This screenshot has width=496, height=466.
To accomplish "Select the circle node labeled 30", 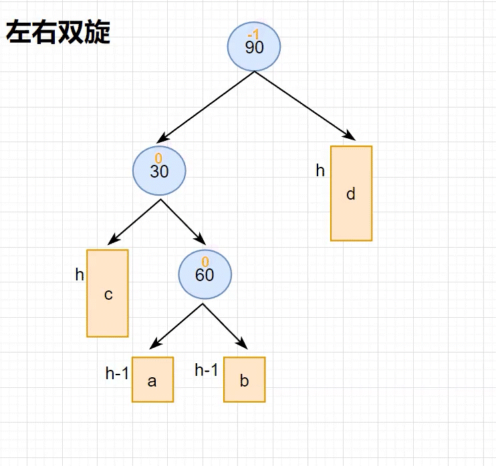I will (159, 171).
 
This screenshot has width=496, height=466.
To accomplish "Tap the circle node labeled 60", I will (205, 274).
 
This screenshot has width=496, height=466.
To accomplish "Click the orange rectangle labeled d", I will (351, 194).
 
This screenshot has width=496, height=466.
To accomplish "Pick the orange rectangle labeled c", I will (108, 293).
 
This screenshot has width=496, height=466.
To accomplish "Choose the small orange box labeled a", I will (152, 380).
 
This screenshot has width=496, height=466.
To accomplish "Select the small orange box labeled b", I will (244, 380).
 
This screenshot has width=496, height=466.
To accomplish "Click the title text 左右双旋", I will (58, 33).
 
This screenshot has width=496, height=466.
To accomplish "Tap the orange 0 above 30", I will (158, 158).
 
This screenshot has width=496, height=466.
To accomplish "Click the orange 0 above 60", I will (205, 262).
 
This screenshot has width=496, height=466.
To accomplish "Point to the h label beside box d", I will (320, 171).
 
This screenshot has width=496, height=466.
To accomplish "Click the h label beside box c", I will (80, 274).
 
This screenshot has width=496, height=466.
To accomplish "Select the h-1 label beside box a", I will (117, 374).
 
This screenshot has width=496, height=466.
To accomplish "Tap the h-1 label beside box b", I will (207, 370).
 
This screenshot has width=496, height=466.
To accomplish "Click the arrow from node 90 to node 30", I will (207, 104).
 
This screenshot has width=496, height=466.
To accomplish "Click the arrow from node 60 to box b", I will (225, 327).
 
